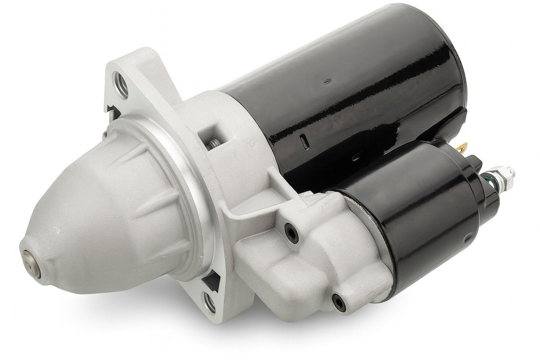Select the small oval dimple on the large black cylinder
tap(326, 82)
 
